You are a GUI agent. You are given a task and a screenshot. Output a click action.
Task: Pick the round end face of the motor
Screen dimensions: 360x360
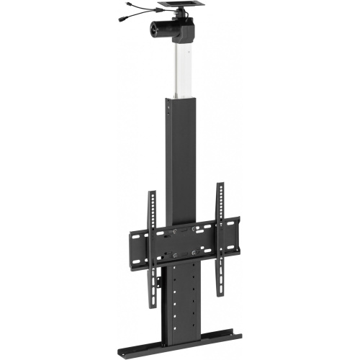(154, 30)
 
